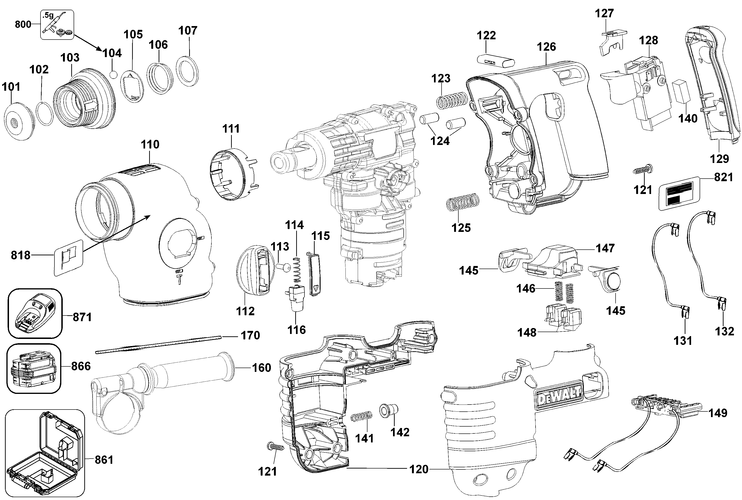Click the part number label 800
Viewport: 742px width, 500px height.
[23, 24]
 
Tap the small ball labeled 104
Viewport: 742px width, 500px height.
[113, 75]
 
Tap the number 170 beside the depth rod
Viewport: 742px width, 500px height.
[250, 335]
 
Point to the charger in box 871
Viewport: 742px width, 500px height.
[34, 313]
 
